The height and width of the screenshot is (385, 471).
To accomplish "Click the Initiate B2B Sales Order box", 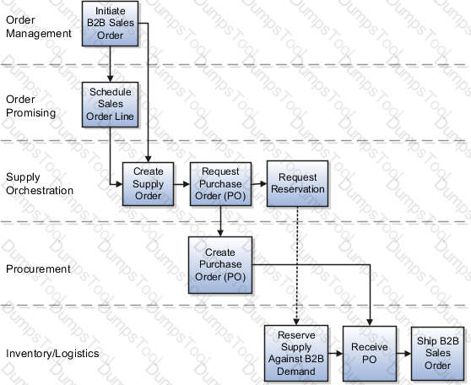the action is tap(111, 24).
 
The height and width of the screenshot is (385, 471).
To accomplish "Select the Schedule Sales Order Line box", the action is tap(111, 105).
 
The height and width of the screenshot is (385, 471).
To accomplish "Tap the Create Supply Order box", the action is tap(148, 184).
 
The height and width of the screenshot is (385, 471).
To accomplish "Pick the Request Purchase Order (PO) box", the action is tap(220, 184).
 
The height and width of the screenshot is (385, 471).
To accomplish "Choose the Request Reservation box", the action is tap(297, 183).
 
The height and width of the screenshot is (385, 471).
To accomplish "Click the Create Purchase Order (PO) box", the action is tap(220, 265).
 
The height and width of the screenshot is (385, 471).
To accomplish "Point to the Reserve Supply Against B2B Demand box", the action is tap(296, 353).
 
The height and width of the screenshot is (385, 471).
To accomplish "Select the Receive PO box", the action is tap(370, 354).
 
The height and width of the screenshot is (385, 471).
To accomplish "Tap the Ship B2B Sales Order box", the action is tap(437, 354).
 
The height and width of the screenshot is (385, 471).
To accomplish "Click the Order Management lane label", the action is tap(39, 27).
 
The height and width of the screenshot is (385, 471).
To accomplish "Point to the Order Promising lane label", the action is tap(30, 106).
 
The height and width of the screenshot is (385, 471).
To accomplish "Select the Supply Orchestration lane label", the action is tap(40, 183).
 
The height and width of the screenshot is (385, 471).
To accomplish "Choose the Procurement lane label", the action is tap(38, 269).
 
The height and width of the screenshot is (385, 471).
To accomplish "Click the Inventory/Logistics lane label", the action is tap(52, 354).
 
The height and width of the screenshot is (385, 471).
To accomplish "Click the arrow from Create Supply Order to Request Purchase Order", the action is tap(181, 184).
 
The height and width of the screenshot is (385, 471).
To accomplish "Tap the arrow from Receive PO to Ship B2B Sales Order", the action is tap(403, 354).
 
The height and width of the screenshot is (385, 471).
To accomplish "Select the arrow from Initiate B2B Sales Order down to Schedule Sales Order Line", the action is tap(110, 64).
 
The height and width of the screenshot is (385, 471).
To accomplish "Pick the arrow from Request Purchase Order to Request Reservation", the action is tap(259, 183).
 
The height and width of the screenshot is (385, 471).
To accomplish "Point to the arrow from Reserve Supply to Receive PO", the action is tap(336, 354).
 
